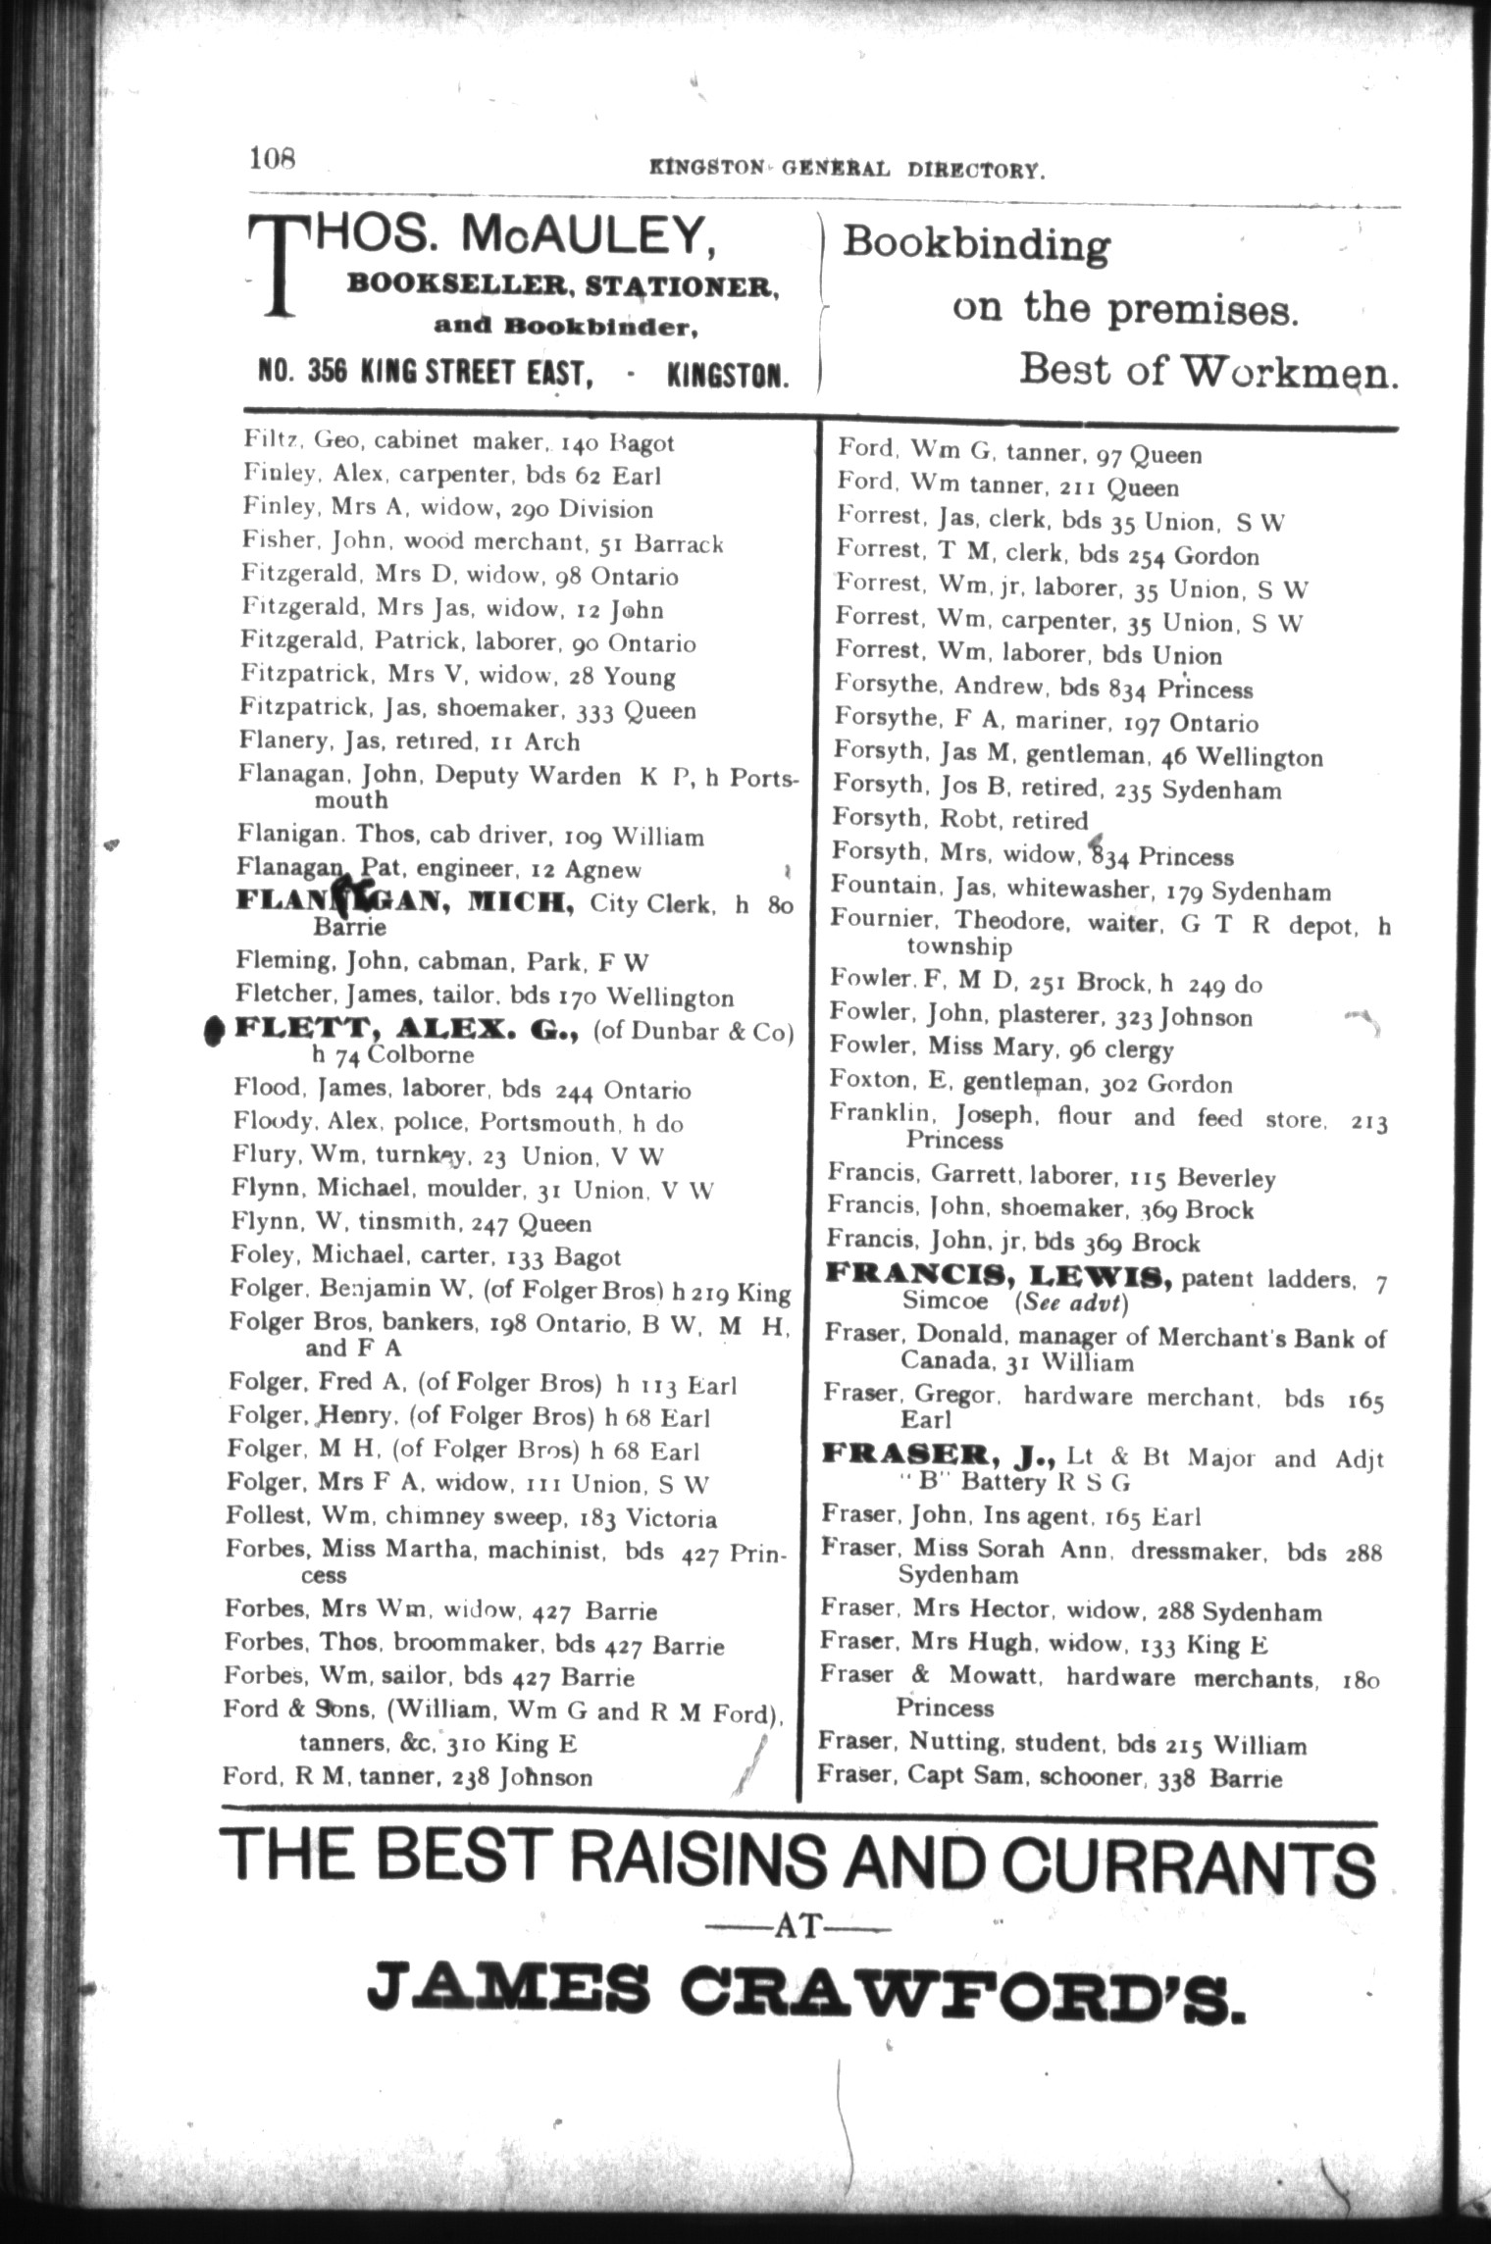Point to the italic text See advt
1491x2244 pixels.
[x=1072, y=1302]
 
